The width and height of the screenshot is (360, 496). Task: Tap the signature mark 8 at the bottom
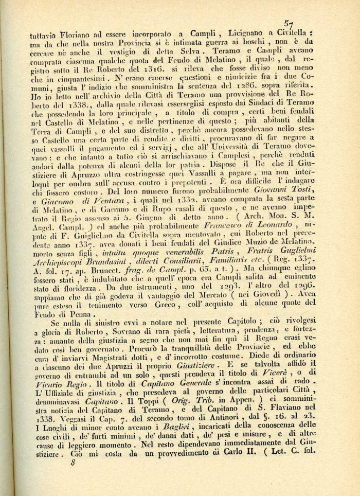pos(58,476)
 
